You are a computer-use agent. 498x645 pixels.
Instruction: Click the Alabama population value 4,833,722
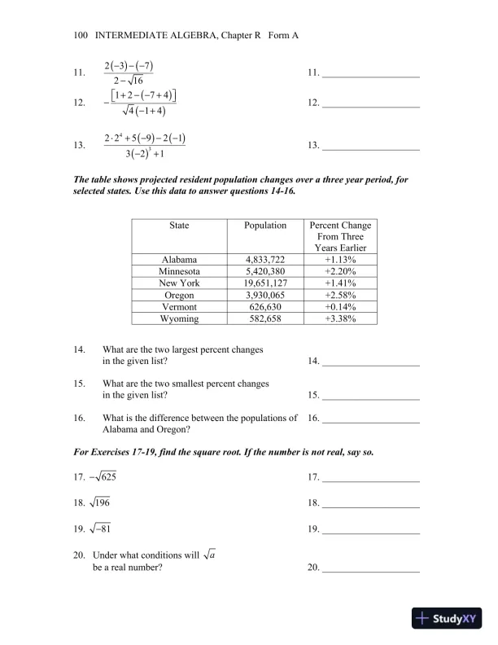tap(265, 260)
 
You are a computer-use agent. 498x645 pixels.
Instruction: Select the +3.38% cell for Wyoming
tap(340, 318)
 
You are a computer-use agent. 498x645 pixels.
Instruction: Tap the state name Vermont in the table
tap(179, 307)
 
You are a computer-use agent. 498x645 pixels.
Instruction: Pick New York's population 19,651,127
tap(265, 283)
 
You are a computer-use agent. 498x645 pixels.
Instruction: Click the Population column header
tap(265, 226)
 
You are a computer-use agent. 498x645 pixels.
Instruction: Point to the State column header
tap(179, 226)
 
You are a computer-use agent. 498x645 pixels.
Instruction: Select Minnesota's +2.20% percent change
tap(340, 272)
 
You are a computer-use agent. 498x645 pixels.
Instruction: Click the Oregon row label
tap(179, 296)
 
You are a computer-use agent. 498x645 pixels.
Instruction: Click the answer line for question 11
tap(371, 77)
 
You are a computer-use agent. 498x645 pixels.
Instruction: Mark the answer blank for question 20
tap(371, 573)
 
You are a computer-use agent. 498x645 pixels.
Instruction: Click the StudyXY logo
tap(448, 618)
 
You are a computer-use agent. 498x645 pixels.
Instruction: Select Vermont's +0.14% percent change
tap(340, 307)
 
